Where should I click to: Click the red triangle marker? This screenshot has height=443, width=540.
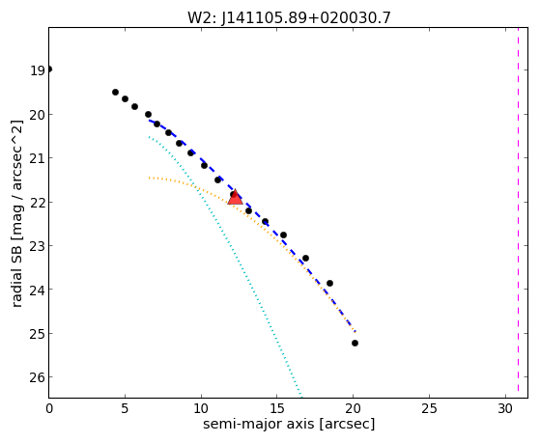[x=235, y=198]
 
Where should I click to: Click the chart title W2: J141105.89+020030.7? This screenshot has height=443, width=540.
[x=289, y=17]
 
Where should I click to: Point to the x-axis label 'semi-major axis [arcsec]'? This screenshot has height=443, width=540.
[x=289, y=424]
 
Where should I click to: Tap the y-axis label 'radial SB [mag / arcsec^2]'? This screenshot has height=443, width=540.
[x=16, y=213]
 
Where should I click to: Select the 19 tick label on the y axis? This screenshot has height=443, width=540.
[x=38, y=70]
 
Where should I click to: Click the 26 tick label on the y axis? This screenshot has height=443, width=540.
[x=38, y=377]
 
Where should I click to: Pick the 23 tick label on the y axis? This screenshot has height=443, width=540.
[x=38, y=246]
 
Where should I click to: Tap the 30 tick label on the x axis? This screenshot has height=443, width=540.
[x=505, y=409]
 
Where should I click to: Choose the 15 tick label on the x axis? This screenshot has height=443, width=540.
[x=277, y=409]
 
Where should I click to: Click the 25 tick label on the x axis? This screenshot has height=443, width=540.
[x=430, y=409]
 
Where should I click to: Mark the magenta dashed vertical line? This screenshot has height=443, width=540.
[x=518, y=212]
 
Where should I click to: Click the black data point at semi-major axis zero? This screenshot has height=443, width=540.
[x=49, y=69]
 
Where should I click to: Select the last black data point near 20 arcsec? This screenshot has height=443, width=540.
[x=355, y=344]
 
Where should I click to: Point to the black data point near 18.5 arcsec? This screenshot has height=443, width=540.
[x=329, y=284]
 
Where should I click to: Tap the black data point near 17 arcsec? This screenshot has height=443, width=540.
[x=305, y=258]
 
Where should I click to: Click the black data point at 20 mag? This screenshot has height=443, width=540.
[x=148, y=114]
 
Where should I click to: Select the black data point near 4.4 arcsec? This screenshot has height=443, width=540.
[x=115, y=93]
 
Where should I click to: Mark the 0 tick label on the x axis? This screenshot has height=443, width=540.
[x=49, y=409]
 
